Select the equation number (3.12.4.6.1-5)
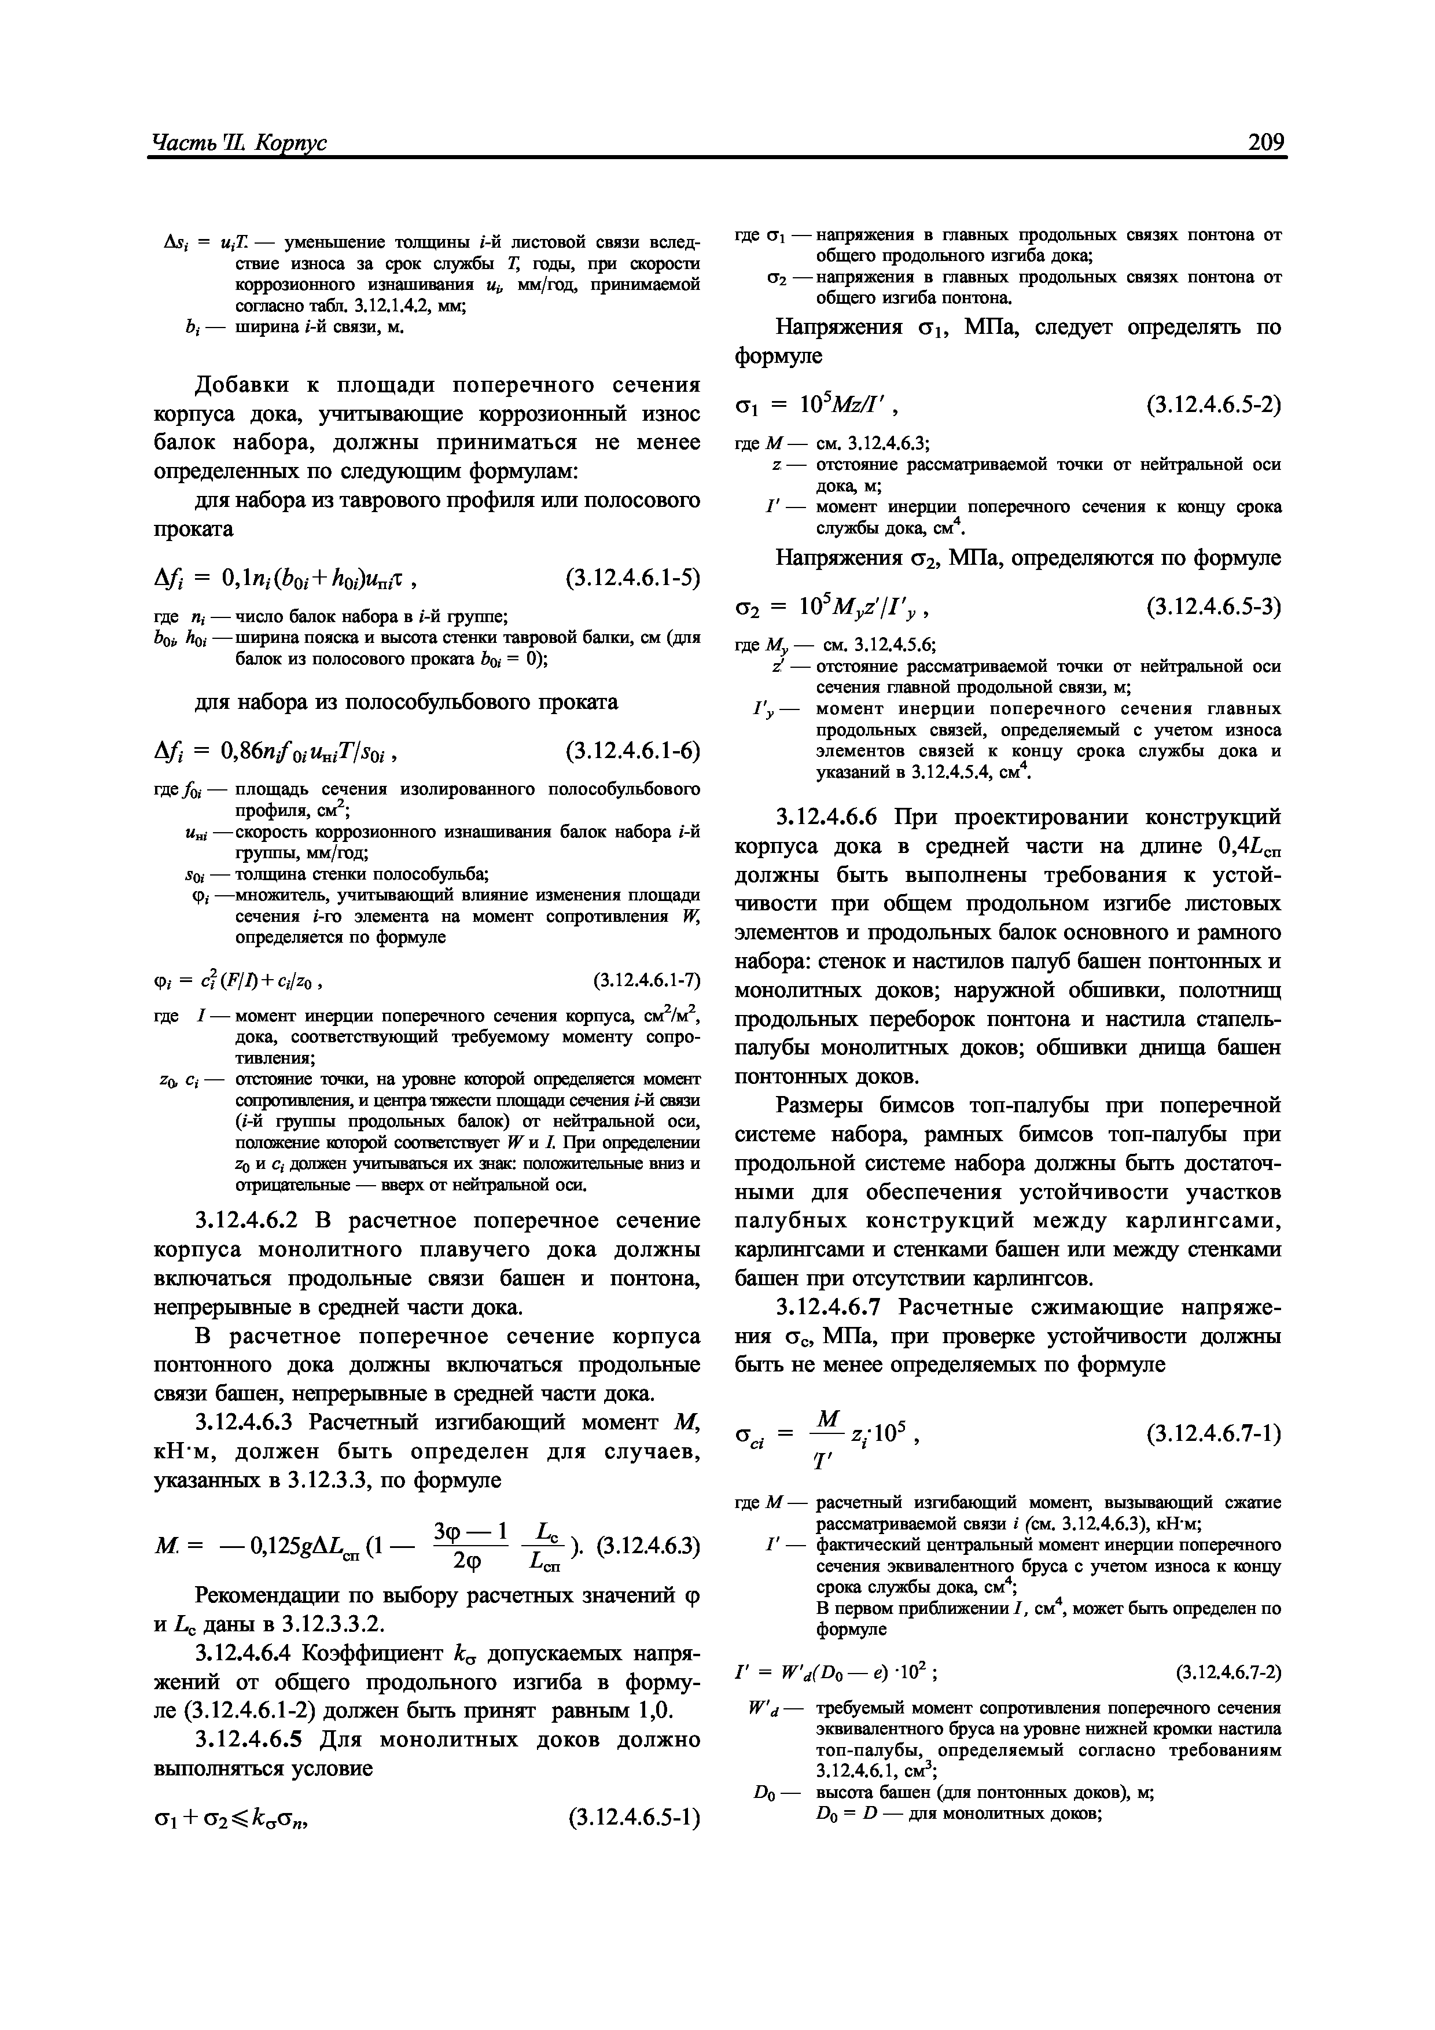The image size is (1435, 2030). pos(632,578)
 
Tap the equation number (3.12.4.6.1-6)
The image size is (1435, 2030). pos(632,751)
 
